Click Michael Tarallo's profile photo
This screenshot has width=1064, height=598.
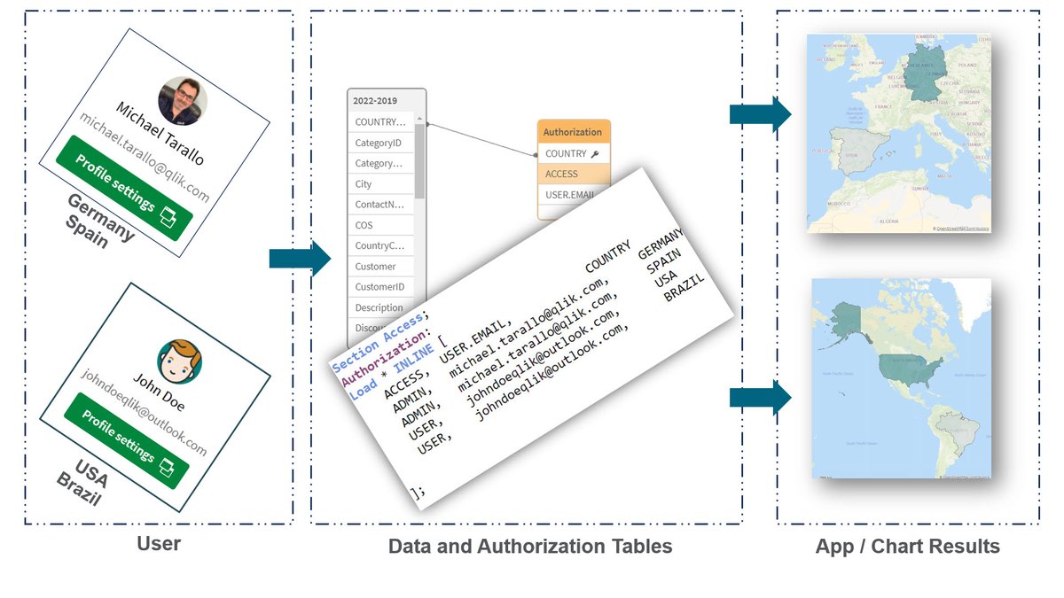point(183,100)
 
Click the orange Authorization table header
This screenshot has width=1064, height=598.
point(572,132)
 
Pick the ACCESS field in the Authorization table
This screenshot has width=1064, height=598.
point(562,175)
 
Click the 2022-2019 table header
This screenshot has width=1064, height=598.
point(375,100)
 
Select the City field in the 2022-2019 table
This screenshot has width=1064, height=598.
point(364,184)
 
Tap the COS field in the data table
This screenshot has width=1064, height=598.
point(364,225)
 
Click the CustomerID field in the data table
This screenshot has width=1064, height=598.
point(379,287)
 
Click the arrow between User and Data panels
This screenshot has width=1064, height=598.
point(299,259)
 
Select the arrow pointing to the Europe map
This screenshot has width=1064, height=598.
point(760,114)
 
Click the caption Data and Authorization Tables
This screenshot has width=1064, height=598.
point(530,547)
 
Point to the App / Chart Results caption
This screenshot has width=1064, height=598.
point(907,547)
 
